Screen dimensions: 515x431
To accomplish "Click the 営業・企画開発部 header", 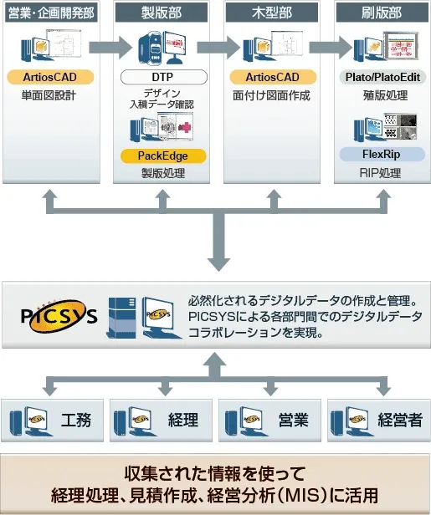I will click(x=51, y=13).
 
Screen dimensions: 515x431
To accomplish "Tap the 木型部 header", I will click(x=271, y=13).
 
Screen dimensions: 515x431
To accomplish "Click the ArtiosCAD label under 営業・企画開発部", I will click(x=49, y=78).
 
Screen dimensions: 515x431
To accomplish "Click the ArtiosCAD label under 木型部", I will click(x=271, y=78).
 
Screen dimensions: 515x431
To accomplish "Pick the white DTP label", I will click(x=162, y=77).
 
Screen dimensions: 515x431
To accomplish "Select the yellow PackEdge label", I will click(x=162, y=156).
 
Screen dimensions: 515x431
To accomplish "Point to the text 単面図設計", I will click(x=49, y=95).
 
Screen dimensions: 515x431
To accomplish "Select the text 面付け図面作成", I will click(x=271, y=95).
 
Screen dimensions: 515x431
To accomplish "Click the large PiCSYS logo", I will click(x=58, y=315).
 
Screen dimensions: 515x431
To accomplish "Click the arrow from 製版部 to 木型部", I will click(x=217, y=46).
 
